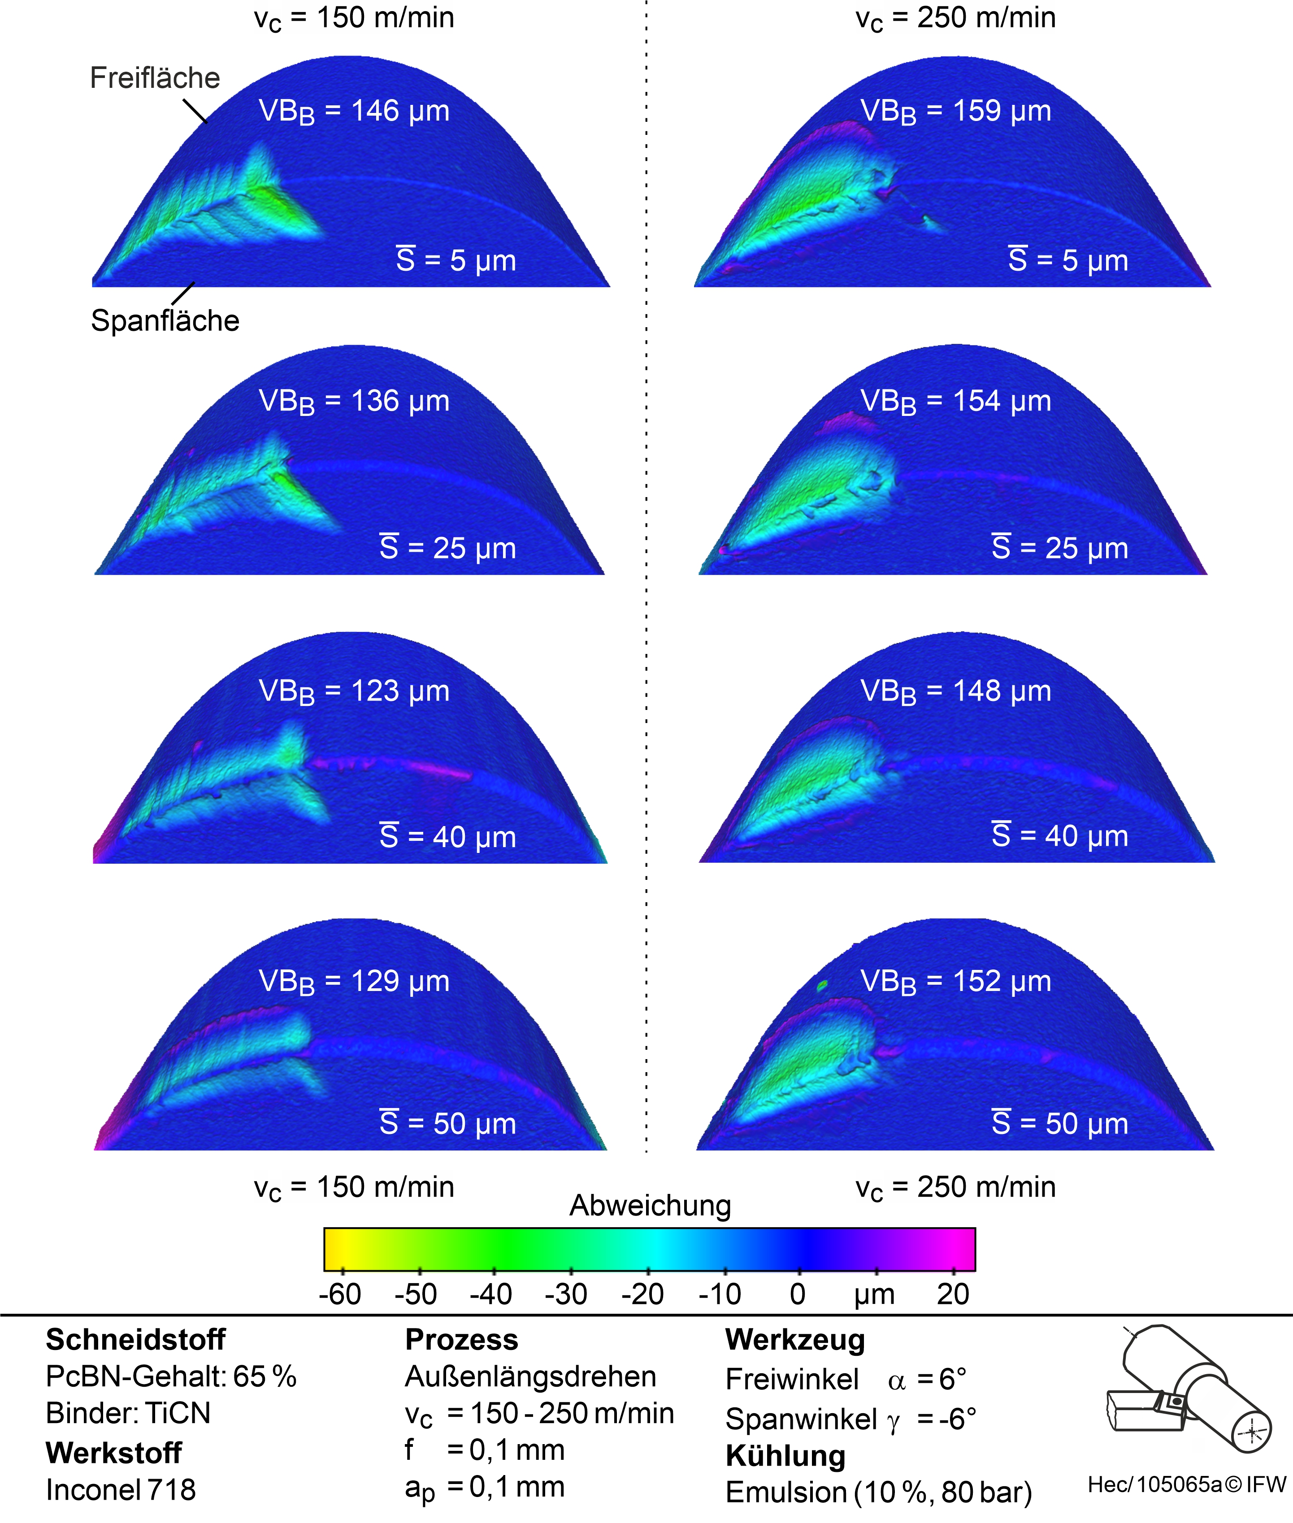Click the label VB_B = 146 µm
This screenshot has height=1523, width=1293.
tap(354, 112)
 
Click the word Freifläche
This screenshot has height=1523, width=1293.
tap(155, 78)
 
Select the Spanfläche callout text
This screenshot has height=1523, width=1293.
tap(165, 320)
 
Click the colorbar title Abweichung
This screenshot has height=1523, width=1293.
tap(650, 1206)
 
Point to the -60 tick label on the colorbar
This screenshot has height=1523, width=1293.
tap(340, 1295)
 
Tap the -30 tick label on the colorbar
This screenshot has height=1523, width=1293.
tap(566, 1295)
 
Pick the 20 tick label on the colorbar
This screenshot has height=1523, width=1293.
tap(952, 1295)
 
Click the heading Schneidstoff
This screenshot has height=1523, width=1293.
tap(135, 1340)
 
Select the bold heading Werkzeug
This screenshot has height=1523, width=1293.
tap(795, 1340)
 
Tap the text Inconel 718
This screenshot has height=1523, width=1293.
tap(121, 1490)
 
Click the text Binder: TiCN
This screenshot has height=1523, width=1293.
tap(128, 1413)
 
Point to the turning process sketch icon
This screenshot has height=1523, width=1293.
tap(1188, 1389)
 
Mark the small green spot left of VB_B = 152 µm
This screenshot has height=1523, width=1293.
tap(822, 985)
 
